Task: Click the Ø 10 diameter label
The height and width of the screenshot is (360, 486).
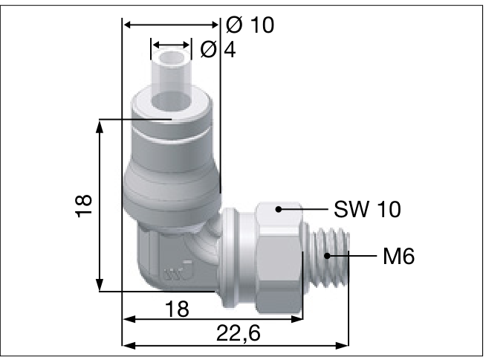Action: pyautogui.click(x=250, y=25)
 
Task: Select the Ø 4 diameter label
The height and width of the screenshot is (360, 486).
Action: pyautogui.click(x=213, y=50)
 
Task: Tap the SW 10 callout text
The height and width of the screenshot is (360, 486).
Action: pyautogui.click(x=367, y=210)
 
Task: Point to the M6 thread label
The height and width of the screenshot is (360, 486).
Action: pyautogui.click(x=398, y=257)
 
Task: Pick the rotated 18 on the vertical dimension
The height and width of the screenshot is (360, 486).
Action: pyautogui.click(x=83, y=205)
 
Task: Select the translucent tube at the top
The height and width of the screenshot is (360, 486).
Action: pyautogui.click(x=172, y=71)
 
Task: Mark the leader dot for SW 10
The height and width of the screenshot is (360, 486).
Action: pyautogui.click(x=278, y=209)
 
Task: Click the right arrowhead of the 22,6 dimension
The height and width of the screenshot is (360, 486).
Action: pyautogui.click(x=343, y=345)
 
